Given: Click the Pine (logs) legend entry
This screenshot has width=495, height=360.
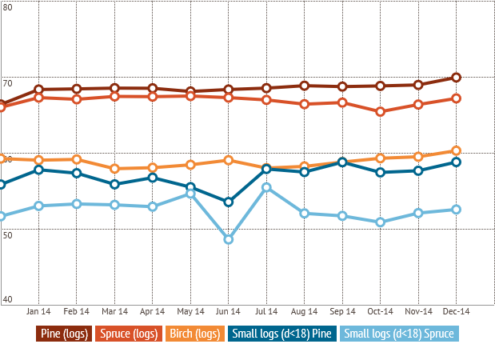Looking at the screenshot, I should tap(63, 334).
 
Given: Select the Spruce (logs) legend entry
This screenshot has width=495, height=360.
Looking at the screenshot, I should tap(127, 334).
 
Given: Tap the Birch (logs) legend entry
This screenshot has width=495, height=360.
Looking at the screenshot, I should tap(194, 334).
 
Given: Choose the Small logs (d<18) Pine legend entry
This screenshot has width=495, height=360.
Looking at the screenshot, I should tap(282, 334).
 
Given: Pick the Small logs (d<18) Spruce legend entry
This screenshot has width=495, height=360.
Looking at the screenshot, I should tap(400, 334).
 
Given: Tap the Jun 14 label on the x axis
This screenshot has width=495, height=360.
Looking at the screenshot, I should tap(229, 311).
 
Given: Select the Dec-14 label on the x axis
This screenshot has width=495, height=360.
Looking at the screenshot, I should tap(456, 311).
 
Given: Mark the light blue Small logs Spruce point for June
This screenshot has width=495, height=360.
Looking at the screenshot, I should tap(229, 239).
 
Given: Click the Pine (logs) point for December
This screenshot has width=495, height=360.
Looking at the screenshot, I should tap(456, 77).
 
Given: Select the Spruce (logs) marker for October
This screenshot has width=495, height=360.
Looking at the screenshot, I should tap(381, 112).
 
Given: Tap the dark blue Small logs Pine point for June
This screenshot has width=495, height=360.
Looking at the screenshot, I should tap(229, 202).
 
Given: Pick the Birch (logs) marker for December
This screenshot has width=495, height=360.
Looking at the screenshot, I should tap(456, 150).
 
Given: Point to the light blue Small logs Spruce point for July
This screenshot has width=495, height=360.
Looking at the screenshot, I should tap(266, 187).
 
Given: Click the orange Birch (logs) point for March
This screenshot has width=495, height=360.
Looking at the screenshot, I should tap(114, 168).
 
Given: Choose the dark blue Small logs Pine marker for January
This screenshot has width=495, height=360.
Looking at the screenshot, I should tap(38, 170).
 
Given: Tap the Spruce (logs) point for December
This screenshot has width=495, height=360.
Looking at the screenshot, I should tap(456, 98).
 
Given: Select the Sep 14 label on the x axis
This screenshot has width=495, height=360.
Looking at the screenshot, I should tap(342, 311).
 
